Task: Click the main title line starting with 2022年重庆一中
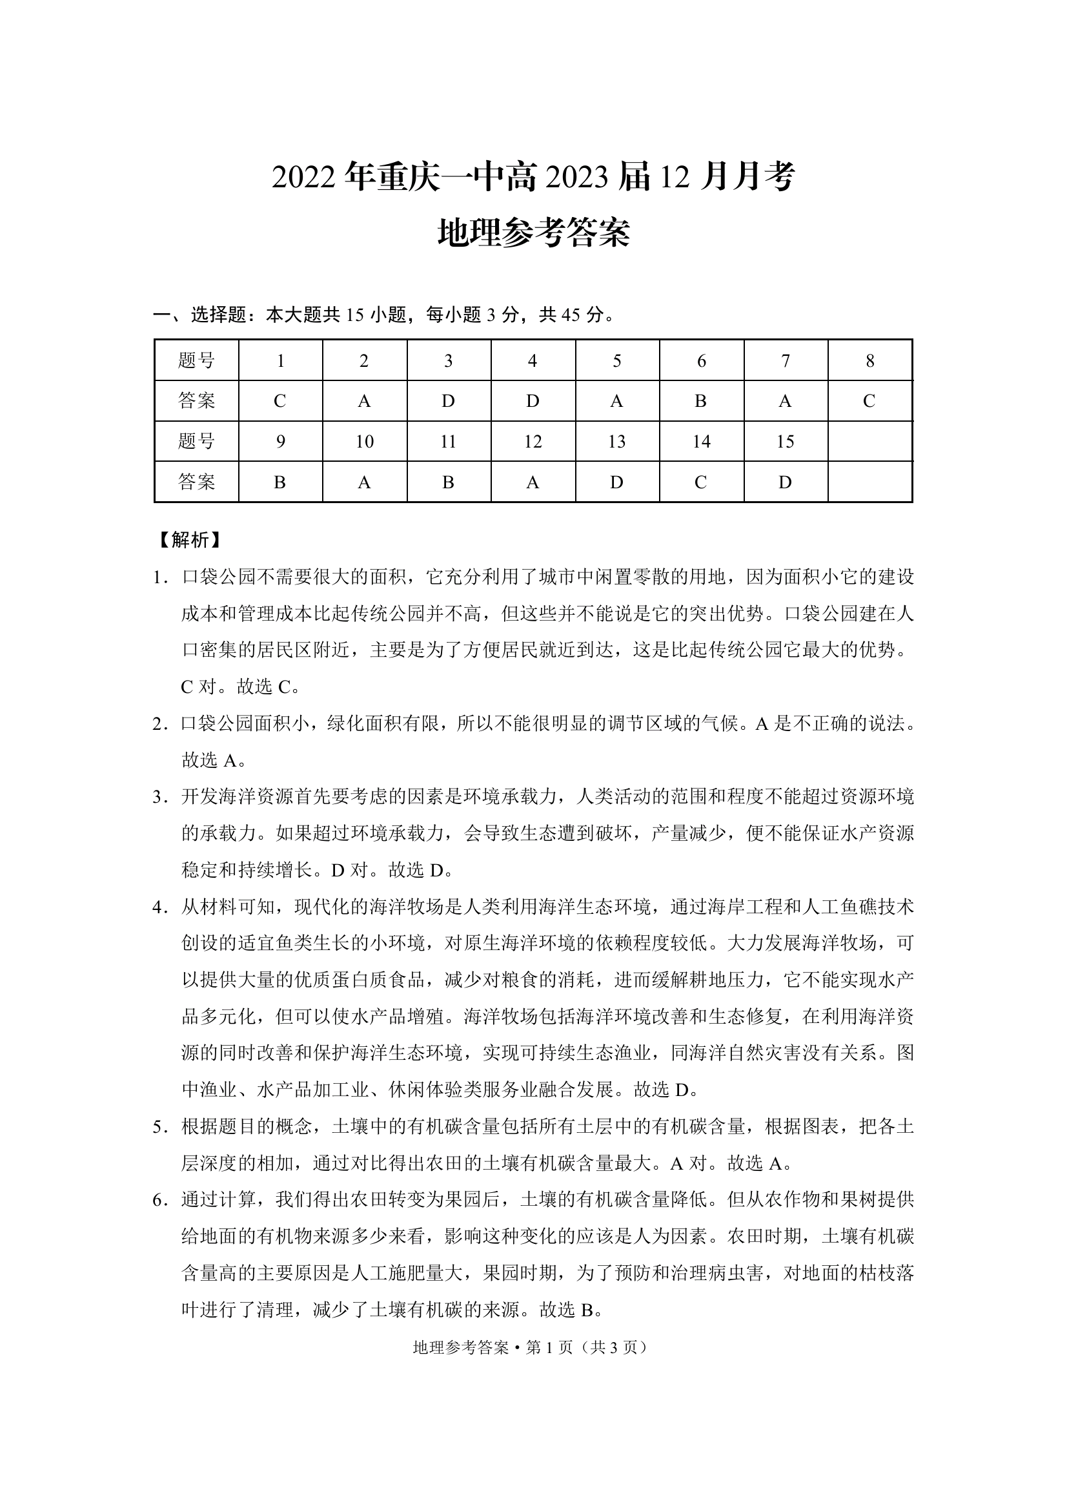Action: point(533,177)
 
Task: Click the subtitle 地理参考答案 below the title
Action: point(533,233)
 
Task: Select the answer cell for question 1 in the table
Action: point(280,400)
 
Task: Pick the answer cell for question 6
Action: point(701,400)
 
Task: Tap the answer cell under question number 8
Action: point(869,400)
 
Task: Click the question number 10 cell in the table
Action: point(364,441)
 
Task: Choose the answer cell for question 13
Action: point(616,482)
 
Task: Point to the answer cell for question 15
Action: point(785,482)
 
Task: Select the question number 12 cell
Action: point(533,441)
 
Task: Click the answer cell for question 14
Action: point(701,482)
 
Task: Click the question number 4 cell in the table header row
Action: point(533,360)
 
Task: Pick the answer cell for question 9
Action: point(280,482)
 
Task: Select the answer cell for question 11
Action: point(449,482)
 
